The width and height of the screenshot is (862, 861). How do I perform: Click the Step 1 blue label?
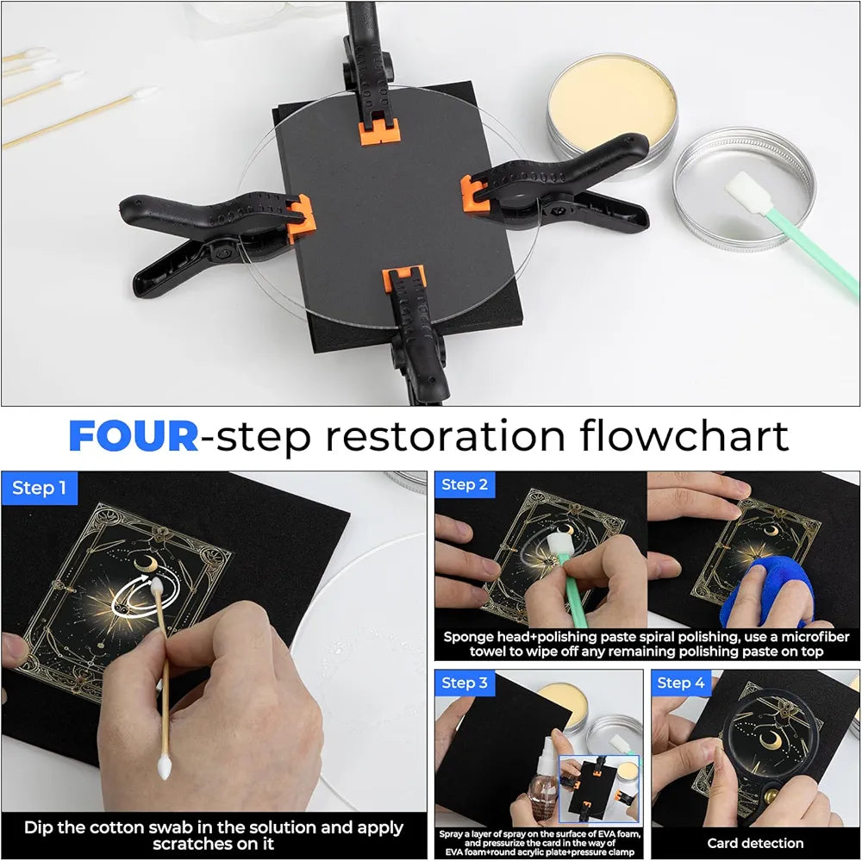40,489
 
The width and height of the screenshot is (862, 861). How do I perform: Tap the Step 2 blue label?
465,485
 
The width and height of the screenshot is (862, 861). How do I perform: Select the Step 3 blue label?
465,683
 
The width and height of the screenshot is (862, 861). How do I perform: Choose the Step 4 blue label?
681,683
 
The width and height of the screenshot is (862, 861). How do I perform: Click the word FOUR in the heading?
134,437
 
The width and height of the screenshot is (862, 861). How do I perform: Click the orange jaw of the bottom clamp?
405,281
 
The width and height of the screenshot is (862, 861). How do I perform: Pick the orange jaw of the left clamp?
302,217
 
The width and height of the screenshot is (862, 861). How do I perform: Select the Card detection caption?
755,843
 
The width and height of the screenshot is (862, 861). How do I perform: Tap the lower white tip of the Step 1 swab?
164,765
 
